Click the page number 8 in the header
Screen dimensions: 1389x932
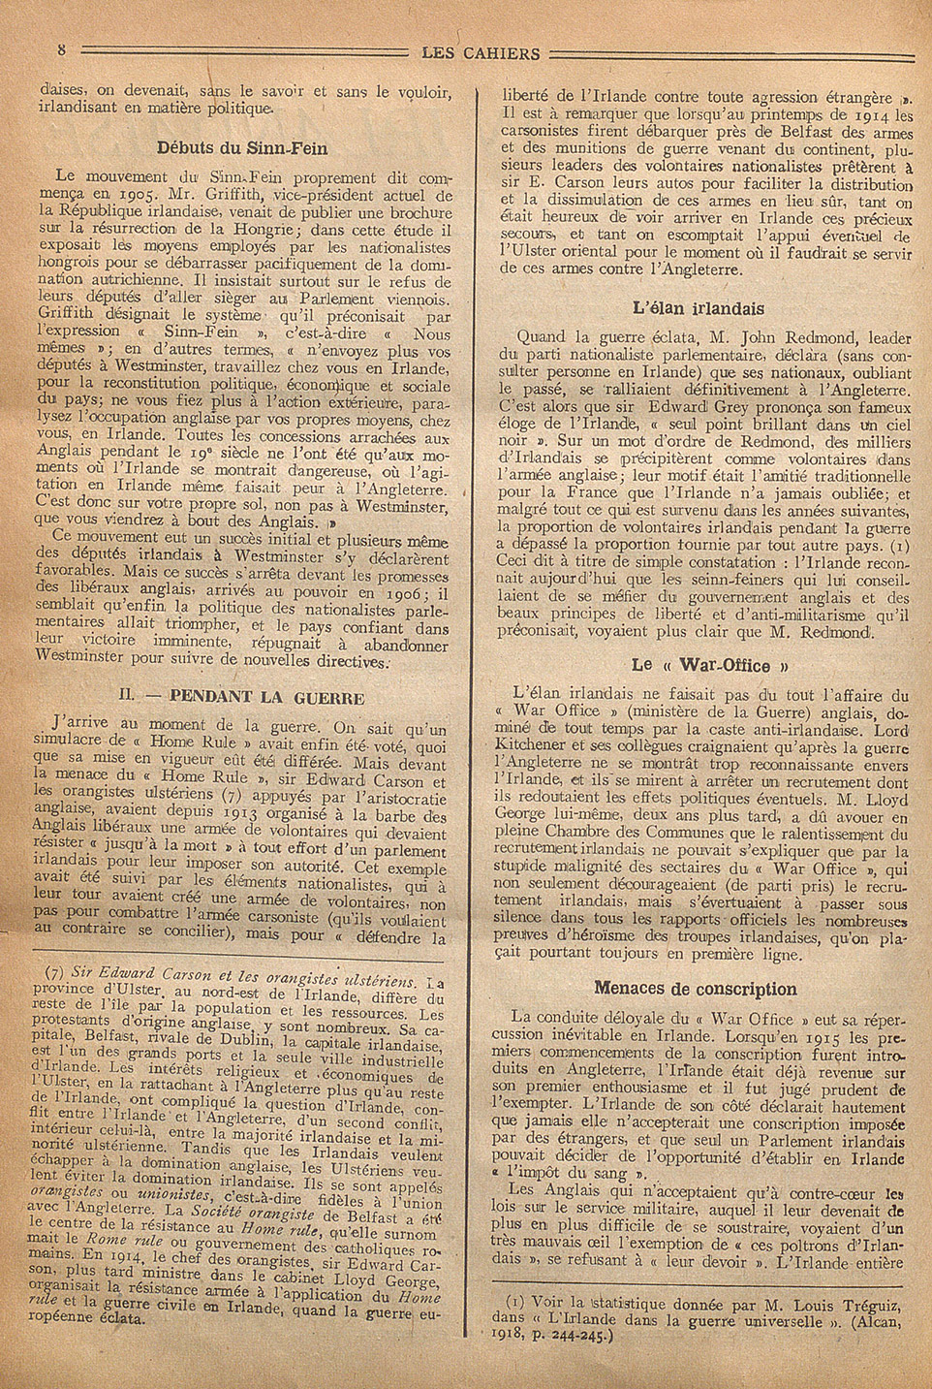coord(60,49)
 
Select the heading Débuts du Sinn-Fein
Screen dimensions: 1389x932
coord(242,148)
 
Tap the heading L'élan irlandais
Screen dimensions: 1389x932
coord(698,309)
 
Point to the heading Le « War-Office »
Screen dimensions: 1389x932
coord(700,665)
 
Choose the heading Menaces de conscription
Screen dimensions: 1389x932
coord(695,989)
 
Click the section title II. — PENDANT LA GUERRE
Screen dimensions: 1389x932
coord(240,697)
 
